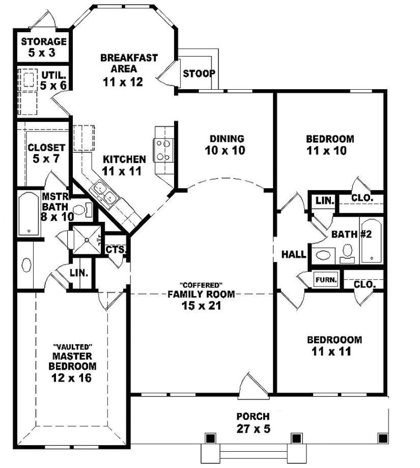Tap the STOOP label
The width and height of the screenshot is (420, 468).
pos(199,73)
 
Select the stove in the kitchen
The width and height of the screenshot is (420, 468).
pos(163,150)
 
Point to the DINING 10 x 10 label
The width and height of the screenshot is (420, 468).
pos(227,144)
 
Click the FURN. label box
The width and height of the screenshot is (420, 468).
pos(324,280)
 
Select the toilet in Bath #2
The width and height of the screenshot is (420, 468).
pos(348,251)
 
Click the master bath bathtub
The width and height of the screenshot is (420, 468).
pos(28,215)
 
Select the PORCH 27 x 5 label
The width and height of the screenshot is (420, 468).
pos(253,423)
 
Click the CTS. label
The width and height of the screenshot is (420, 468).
pos(116,250)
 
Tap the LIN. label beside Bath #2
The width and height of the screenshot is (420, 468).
pos(323,201)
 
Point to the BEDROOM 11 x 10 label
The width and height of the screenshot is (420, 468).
pos(330,144)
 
